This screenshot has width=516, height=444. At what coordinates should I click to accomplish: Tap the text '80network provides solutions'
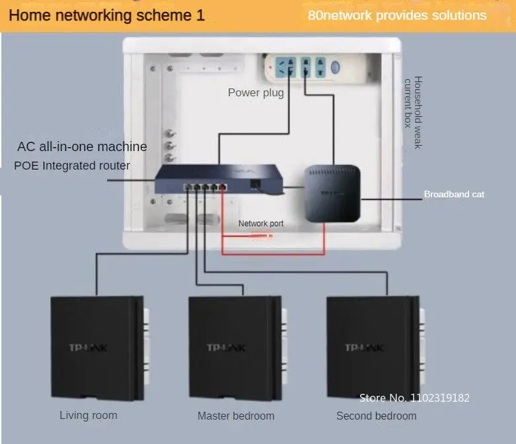coord(396,15)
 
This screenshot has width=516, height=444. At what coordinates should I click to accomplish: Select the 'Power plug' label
coord(256,92)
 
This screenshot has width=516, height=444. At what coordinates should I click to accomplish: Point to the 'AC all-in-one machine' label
coord(82,146)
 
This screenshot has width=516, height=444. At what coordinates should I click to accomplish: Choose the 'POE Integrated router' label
coord(72,166)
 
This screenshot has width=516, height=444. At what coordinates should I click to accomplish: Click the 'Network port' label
coord(260,224)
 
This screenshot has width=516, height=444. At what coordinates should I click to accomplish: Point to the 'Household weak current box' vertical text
coord(413,113)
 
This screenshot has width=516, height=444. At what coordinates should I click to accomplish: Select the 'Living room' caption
coord(89,415)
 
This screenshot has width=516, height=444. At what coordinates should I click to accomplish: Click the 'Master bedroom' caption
coord(235,416)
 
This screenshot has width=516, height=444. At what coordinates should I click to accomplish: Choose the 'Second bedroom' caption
coord(376,416)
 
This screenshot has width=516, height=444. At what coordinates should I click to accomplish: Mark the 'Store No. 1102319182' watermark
coord(414,398)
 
